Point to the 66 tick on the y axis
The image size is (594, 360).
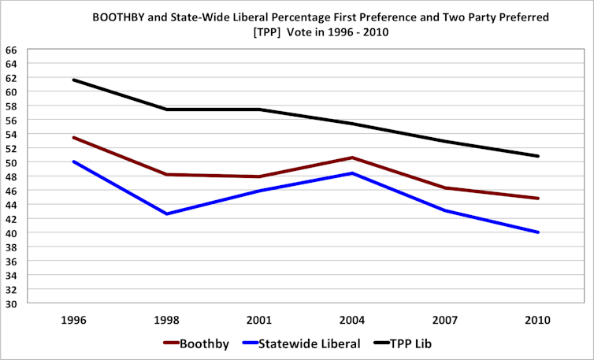point(11,49)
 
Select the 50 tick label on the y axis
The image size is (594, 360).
point(11,162)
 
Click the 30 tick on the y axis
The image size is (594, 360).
point(11,304)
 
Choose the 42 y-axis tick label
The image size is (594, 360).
point(11,219)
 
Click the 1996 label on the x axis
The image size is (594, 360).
point(73,321)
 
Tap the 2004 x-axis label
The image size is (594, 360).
point(352,321)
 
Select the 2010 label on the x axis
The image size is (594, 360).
point(538,321)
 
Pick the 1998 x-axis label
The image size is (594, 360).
point(166,321)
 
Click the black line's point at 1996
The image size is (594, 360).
point(73,80)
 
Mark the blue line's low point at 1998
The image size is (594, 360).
point(166,213)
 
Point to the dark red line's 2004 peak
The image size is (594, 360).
point(352,158)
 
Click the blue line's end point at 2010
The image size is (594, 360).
point(538,232)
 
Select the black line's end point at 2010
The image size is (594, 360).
point(538,156)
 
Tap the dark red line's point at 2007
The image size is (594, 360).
point(445,187)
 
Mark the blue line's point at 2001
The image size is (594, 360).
point(259,191)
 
